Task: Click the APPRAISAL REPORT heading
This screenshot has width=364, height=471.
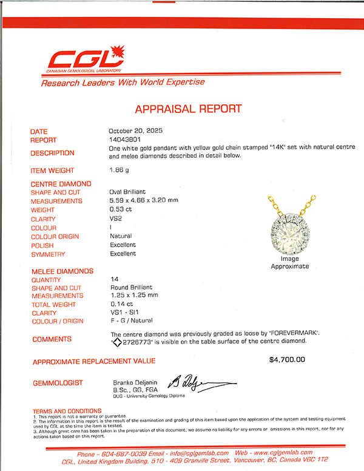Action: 188,109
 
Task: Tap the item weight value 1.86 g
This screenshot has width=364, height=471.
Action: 120,171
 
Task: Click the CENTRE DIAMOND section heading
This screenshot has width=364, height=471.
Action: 61,183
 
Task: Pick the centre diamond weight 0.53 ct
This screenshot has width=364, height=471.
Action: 120,209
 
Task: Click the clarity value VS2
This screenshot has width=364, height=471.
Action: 116,219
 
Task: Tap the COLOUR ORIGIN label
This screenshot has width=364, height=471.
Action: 56,236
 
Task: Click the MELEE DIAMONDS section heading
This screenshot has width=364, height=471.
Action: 62,271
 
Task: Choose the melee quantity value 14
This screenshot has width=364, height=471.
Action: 114,279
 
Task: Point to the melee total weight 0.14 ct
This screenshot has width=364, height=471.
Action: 120,305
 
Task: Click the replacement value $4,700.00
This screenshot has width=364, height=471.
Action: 287,359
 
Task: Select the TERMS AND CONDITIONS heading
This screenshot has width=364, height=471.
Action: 67,411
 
